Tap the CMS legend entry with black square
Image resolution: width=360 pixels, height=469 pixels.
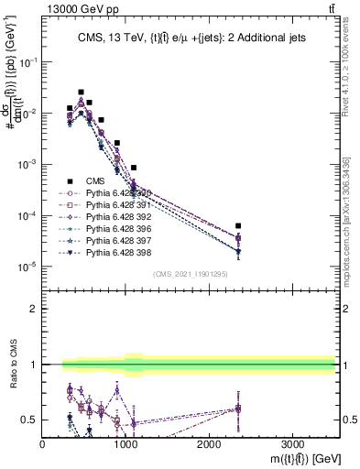pos(97,181)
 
